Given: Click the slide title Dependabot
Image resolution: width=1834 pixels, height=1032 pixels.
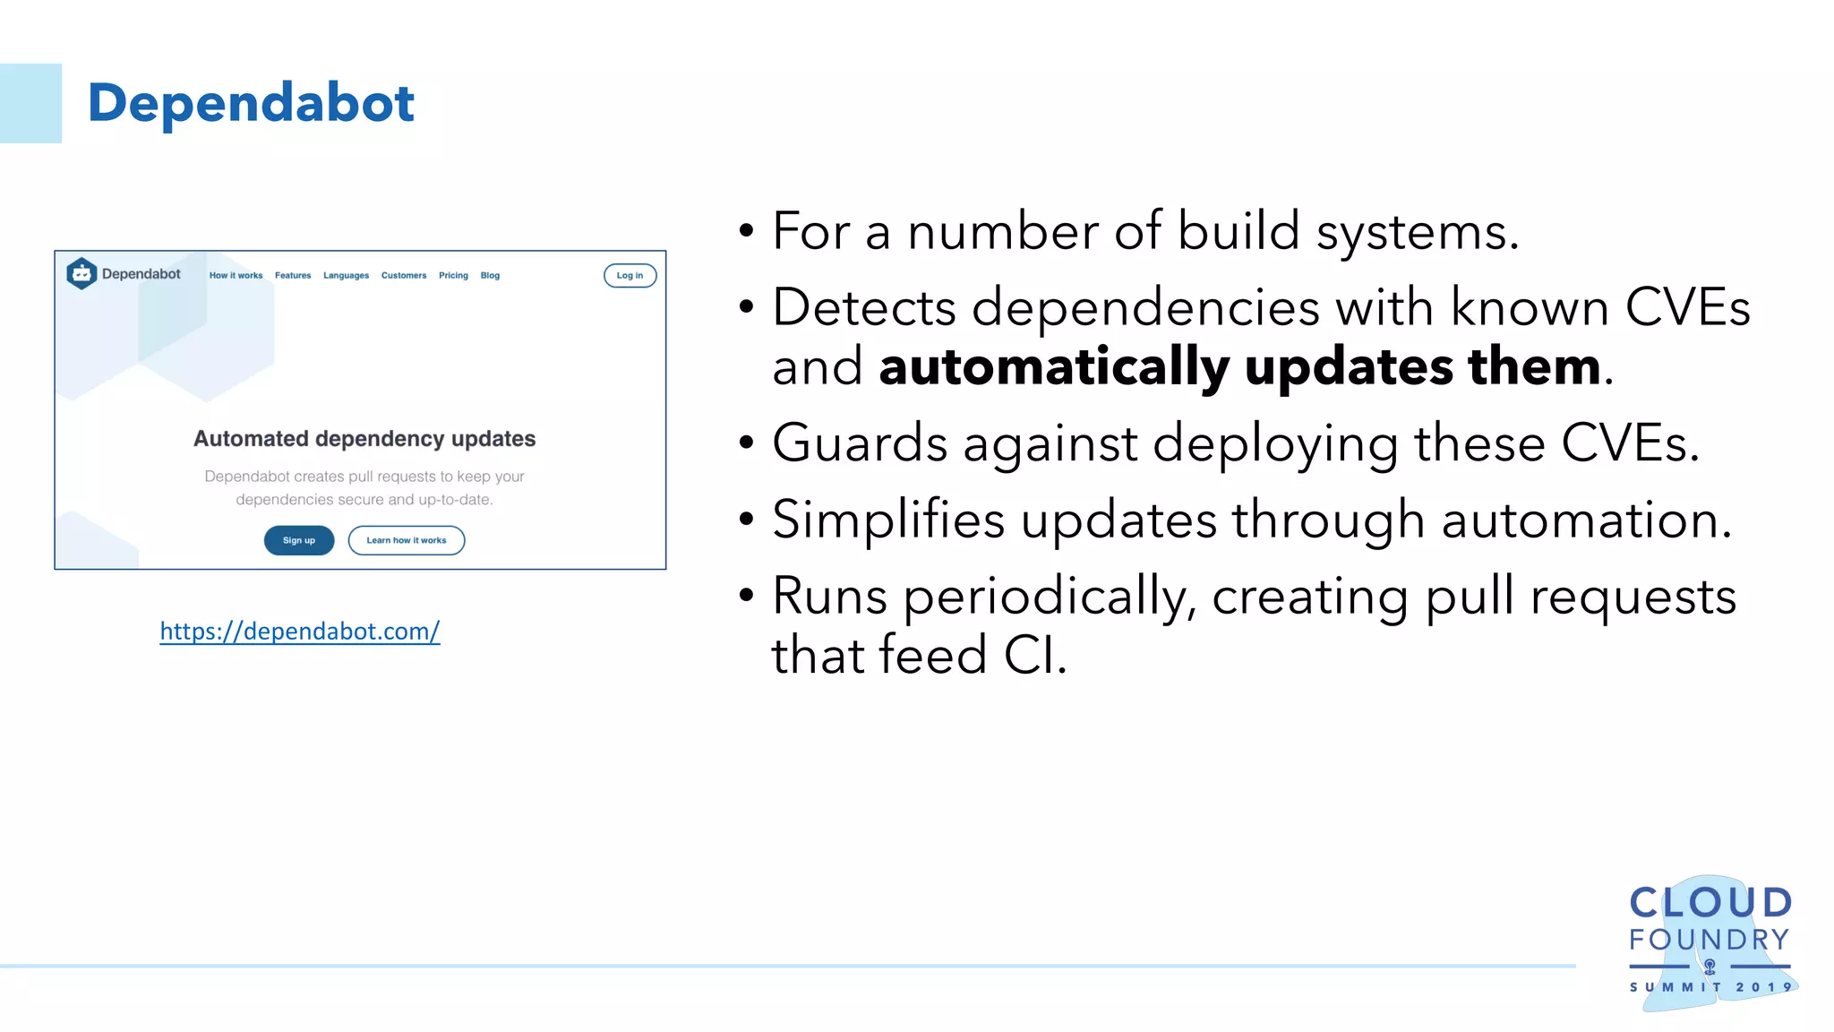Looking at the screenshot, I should [x=251, y=103].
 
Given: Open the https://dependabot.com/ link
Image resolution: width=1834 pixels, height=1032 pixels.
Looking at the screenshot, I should [x=300, y=632].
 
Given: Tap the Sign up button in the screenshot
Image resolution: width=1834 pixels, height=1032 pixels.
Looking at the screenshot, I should [x=299, y=540].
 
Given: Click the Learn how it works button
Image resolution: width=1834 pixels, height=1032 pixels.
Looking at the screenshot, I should [x=406, y=540].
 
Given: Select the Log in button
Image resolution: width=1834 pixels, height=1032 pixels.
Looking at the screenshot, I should [x=630, y=275].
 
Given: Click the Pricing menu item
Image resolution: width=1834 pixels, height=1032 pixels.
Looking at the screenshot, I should [x=453, y=275].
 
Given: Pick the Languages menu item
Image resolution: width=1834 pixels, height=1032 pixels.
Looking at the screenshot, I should [x=346, y=275].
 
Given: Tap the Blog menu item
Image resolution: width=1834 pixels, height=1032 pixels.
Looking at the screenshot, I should [x=490, y=275].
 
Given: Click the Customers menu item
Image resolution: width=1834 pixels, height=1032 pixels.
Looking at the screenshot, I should [x=404, y=275].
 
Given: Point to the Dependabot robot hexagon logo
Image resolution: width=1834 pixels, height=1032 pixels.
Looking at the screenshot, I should [x=81, y=273].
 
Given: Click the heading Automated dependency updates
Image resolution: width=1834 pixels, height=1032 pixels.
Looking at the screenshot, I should [x=364, y=439].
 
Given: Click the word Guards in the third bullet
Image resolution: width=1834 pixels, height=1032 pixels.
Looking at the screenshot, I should [x=860, y=443].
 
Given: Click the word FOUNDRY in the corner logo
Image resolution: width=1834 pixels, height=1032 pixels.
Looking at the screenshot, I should [x=1709, y=940].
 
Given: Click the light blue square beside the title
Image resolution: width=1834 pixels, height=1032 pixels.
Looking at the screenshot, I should [x=30, y=103].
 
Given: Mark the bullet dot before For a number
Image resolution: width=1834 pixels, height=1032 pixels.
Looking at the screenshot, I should [x=747, y=232].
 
